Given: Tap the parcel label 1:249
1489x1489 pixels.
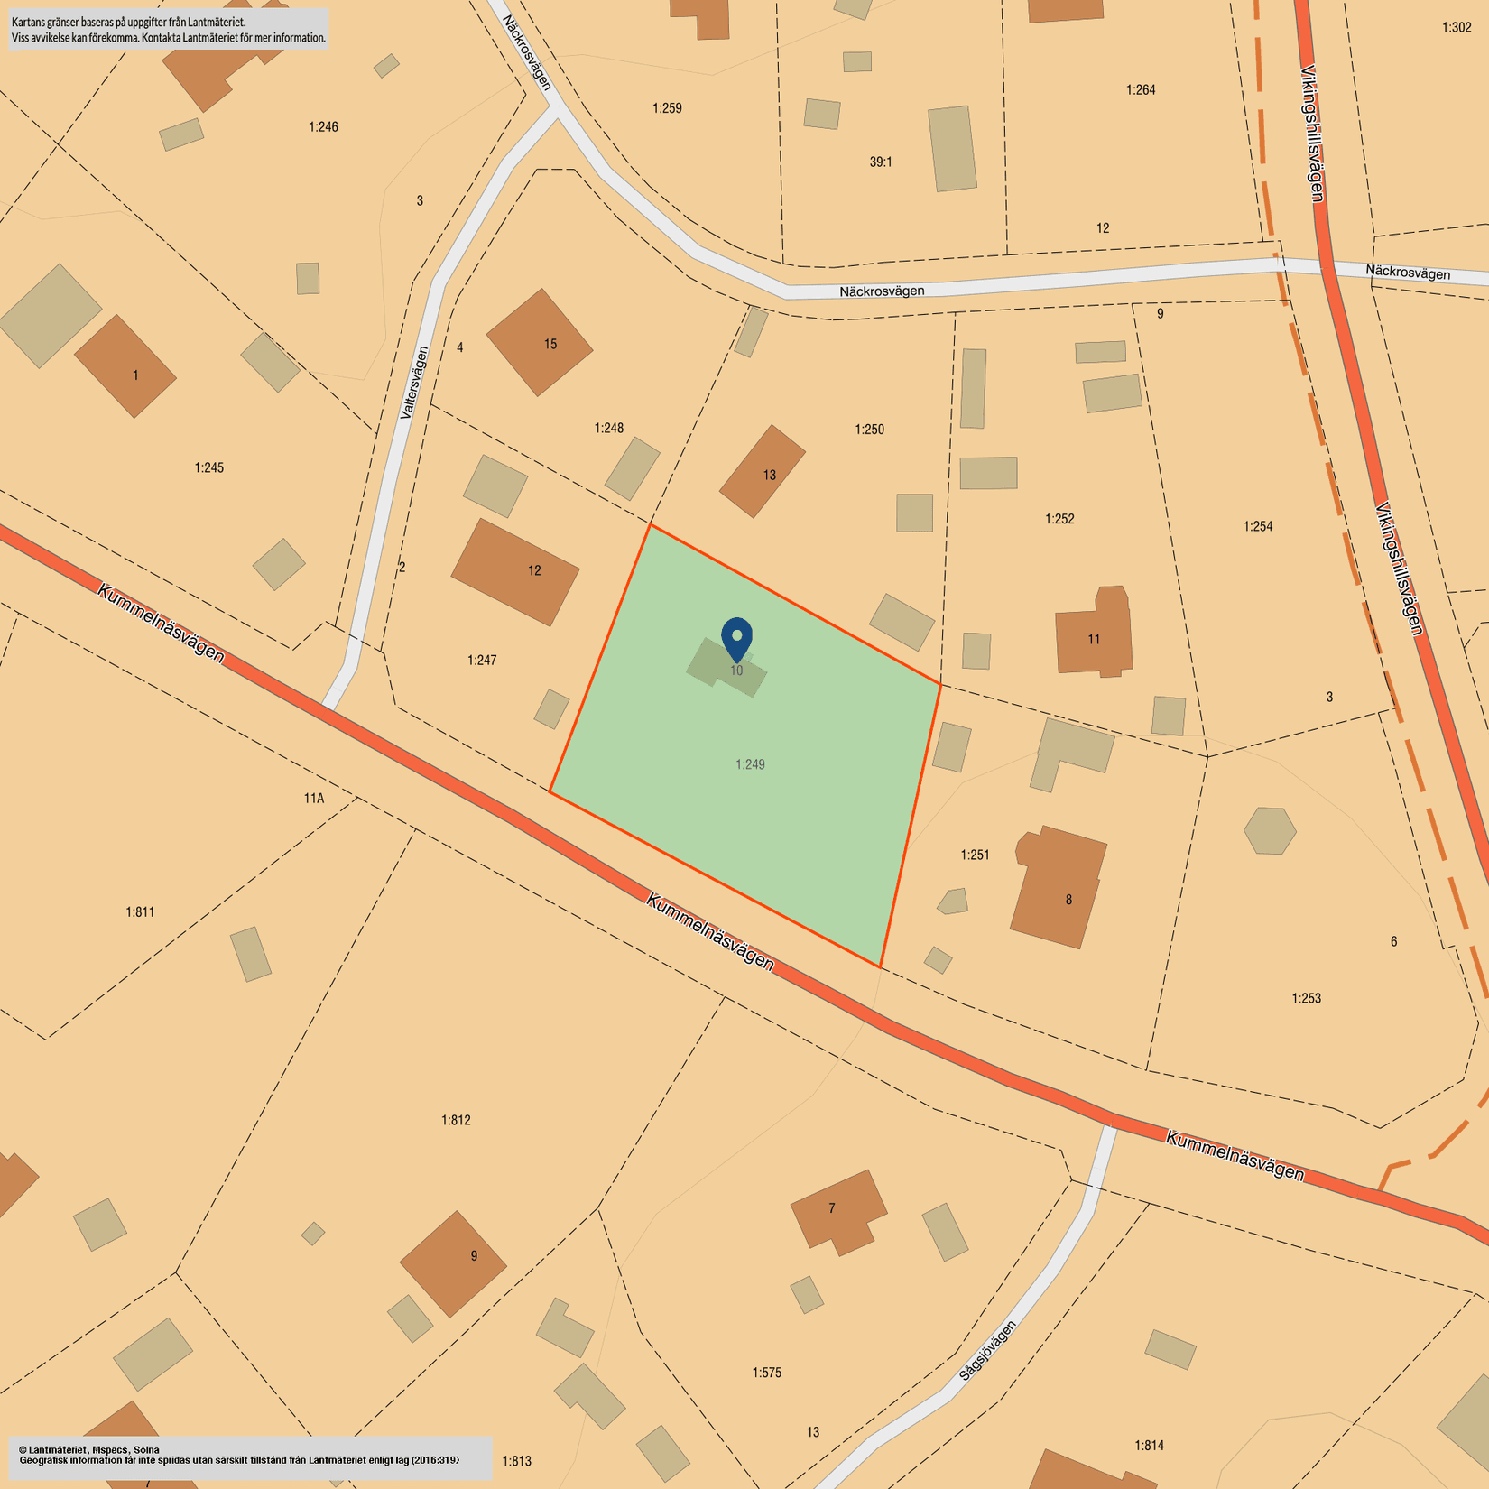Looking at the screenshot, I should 750,764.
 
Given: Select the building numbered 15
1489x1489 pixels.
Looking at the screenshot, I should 540,343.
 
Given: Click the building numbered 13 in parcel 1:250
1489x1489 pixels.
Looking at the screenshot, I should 763,471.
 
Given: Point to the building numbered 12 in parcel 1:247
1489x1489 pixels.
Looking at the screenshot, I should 515,571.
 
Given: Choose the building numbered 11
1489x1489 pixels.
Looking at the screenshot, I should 1093,634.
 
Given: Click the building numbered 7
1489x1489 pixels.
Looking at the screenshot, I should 837,1211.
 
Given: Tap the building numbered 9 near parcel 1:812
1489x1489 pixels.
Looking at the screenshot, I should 453,1263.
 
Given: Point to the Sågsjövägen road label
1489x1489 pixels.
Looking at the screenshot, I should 987,1351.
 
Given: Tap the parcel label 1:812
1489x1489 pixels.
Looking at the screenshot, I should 456,1120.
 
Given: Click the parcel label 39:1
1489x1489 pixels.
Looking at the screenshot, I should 881,162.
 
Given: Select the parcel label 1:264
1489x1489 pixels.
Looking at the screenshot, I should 1141,90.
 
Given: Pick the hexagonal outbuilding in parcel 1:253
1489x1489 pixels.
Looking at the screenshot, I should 1270,831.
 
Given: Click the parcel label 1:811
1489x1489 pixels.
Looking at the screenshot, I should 140,912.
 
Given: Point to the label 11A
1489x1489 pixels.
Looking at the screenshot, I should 313,798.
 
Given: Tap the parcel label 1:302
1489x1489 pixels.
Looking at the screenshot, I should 1457,28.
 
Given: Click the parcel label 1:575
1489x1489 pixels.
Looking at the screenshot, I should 767,1373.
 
